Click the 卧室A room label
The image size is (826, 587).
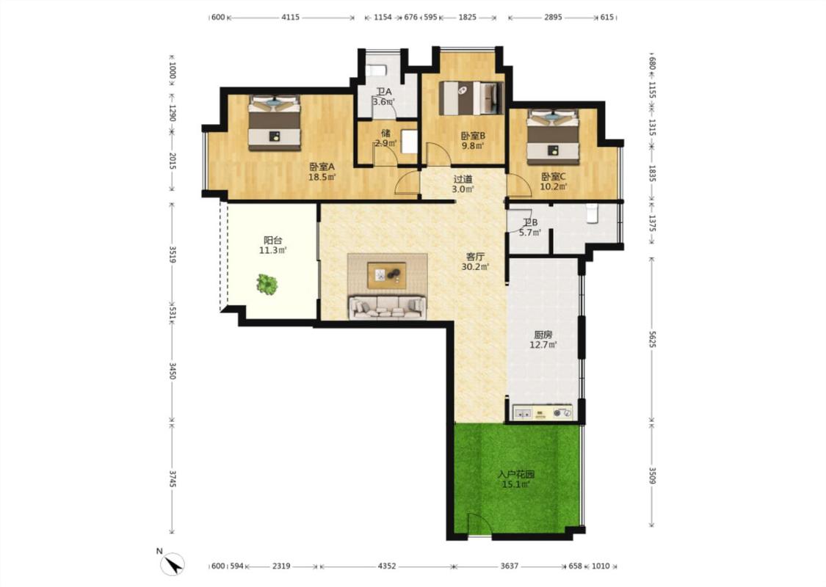(322, 167)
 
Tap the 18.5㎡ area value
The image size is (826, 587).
(322, 178)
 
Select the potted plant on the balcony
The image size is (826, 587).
(267, 284)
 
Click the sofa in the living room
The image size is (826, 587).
(387, 307)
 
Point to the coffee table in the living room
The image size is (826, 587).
(387, 275)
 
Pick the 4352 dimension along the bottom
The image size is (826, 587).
(387, 566)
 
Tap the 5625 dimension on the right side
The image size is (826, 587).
(652, 339)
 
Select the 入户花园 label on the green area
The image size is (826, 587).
(516, 474)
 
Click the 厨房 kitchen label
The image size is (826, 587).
(543, 335)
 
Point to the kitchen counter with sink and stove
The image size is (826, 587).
(542, 412)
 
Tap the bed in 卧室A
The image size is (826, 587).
(275, 122)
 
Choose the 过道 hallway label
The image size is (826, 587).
(463, 180)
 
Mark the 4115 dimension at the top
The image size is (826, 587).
(290, 18)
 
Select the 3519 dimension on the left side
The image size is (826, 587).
(173, 253)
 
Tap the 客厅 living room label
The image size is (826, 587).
(475, 257)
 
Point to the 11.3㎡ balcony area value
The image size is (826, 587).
(273, 251)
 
